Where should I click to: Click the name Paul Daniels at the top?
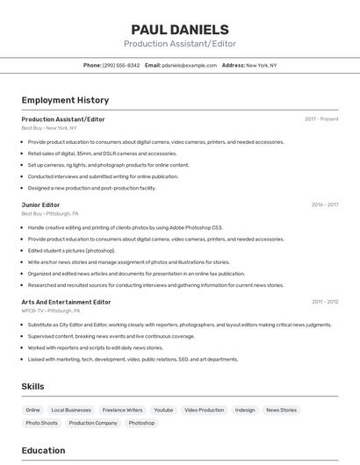[179, 30]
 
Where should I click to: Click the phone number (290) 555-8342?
[121, 65]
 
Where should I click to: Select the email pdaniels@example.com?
[189, 65]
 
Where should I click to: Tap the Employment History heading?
[65, 100]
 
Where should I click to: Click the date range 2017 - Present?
[321, 118]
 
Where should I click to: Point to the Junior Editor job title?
[40, 204]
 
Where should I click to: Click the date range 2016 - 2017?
[324, 204]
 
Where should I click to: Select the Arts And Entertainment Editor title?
[66, 302]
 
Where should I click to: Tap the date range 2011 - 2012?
[325, 302]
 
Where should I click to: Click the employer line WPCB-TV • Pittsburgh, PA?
[51, 311]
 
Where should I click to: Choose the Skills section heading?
[32, 386]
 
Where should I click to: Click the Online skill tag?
[32, 410]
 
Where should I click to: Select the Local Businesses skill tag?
[71, 410]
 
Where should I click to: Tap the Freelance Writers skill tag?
[122, 410]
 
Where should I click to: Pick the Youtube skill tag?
[163, 410]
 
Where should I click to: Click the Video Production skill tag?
[204, 410]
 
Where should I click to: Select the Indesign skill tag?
[245, 410]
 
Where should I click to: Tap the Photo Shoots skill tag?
[41, 423]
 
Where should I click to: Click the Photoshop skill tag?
[141, 423]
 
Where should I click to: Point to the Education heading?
[43, 451]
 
